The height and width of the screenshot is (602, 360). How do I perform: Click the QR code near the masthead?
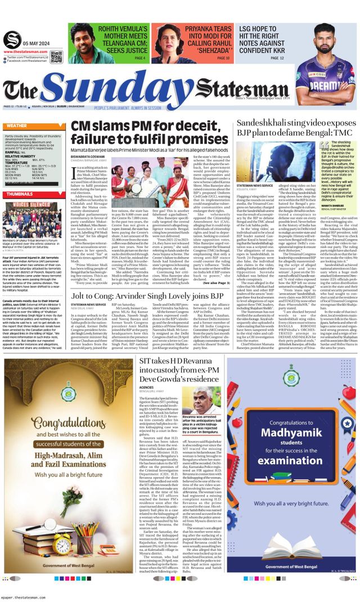coord(56,56)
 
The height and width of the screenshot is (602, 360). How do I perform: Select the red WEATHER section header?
coord(16,126)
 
